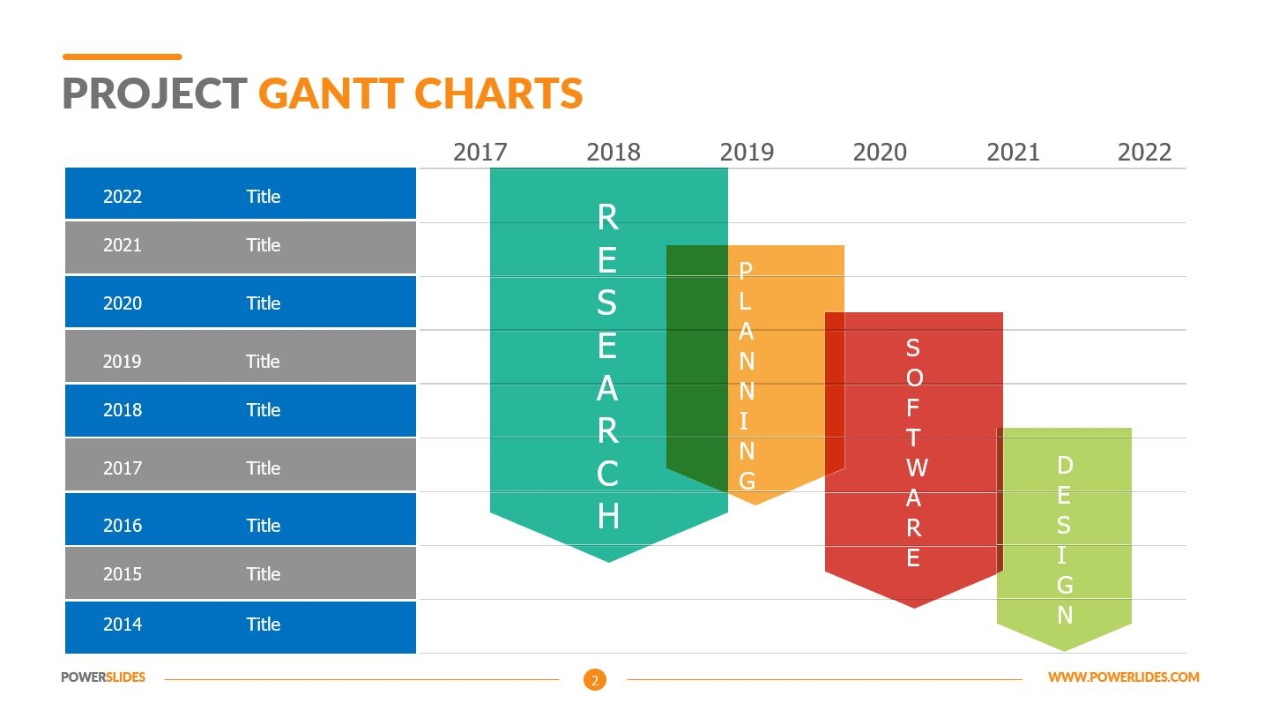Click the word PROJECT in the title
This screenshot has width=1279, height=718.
(155, 93)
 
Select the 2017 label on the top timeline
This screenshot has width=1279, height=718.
(480, 153)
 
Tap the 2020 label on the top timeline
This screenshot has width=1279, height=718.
(880, 153)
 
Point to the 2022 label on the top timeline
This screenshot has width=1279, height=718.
(1144, 153)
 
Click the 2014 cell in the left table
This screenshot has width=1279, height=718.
(122, 625)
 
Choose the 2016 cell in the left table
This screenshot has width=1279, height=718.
(122, 526)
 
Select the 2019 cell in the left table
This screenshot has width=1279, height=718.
(122, 362)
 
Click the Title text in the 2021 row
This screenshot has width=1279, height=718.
(263, 245)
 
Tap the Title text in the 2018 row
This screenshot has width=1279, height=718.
(263, 410)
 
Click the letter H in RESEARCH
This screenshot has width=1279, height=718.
(608, 516)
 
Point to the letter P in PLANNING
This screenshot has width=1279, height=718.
(746, 271)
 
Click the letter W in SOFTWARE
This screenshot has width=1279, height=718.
(915, 467)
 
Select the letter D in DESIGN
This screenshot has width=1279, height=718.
(1065, 465)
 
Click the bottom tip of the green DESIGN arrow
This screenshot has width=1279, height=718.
(1065, 649)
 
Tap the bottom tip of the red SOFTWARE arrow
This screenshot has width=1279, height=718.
(914, 606)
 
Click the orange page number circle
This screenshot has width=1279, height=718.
(595, 679)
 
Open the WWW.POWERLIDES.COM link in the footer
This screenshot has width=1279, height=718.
(1123, 677)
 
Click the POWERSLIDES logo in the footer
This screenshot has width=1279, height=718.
(103, 677)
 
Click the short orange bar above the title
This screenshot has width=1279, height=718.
(122, 56)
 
